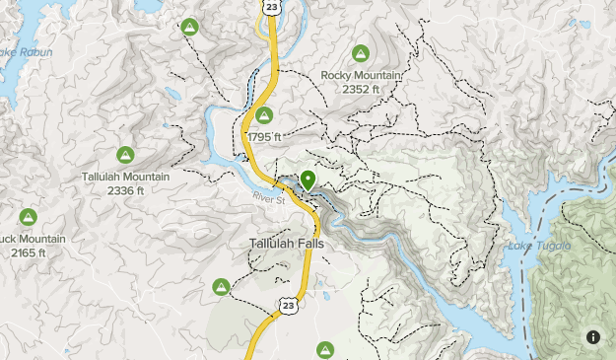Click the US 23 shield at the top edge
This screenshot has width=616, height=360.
coord(271,6)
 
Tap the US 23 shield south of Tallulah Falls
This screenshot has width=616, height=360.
coord(287,306)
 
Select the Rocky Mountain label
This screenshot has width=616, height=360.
coord(360,75)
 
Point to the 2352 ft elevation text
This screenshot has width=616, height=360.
coord(360,89)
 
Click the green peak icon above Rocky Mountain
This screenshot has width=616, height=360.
coord(360,53)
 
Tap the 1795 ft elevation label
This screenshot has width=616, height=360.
coord(264,137)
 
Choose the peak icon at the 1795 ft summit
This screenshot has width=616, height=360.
coord(263,115)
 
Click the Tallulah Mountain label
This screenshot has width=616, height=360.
coord(125,178)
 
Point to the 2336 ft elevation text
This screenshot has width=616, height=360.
coord(125,190)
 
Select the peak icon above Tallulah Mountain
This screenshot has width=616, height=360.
coord(125,155)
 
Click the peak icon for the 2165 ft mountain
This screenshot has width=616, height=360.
coord(28,217)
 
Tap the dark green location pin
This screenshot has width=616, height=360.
coord(308,180)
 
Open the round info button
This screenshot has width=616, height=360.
coord(593,337)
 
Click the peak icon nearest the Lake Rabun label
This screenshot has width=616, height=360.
coord(189,28)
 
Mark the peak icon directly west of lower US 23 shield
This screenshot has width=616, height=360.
coord(221,287)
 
